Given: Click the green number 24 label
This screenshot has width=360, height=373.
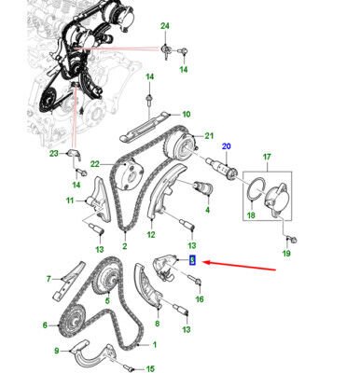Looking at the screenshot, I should [x=165, y=24].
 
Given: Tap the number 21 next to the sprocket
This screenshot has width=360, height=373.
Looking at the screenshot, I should [x=209, y=134].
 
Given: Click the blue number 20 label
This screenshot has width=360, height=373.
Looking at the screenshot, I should [x=225, y=145].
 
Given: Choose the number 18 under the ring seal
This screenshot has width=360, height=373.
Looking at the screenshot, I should [x=248, y=215].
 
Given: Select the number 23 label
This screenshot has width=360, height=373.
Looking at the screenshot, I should [x=54, y=154].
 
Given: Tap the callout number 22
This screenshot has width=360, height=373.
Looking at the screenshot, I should [x=94, y=165].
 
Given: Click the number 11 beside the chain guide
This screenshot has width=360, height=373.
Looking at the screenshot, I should [x=69, y=200].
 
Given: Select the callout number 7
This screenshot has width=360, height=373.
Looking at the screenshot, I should [x=48, y=279].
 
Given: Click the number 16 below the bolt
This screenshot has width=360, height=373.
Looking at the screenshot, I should [x=199, y=300].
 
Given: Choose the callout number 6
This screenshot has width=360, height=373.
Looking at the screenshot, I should [x=43, y=325].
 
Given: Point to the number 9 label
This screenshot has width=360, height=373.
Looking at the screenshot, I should [x=57, y=350].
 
